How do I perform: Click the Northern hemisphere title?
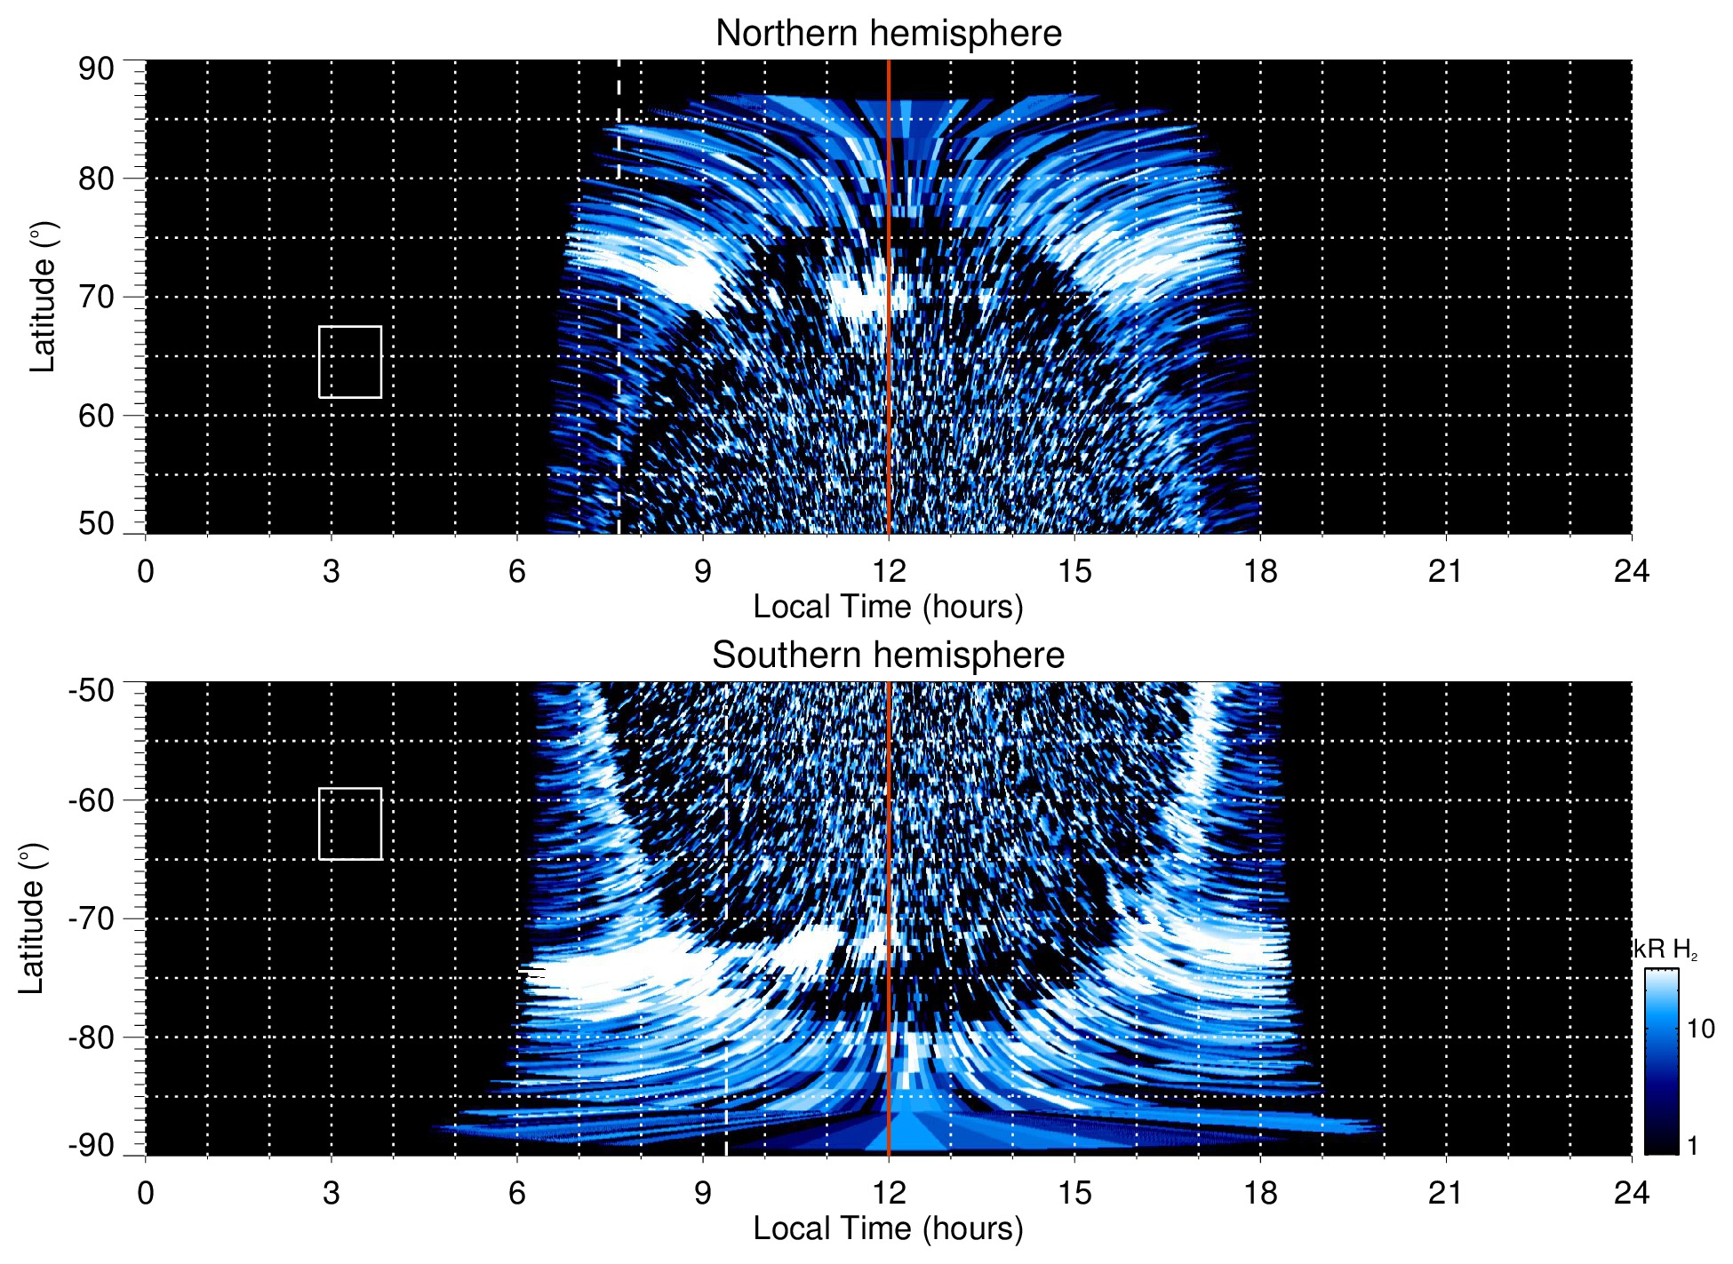pos(888,34)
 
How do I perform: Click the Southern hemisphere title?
pos(888,656)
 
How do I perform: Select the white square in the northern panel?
pos(350,362)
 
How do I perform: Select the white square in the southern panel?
pos(350,823)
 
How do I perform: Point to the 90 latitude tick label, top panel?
pos(96,69)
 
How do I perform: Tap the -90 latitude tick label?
pos(92,1145)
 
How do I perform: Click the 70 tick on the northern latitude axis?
pos(96,297)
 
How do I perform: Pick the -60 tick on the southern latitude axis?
pos(92,799)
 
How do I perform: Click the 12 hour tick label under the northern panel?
pos(888,571)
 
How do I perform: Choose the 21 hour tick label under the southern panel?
pos(1445,1193)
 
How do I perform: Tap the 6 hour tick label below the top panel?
pos(517,571)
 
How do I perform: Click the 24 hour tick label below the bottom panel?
pos(1631,1193)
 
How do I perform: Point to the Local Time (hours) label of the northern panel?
pos(888,607)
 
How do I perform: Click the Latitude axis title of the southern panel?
pos(31,918)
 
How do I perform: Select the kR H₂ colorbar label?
pos(1665,950)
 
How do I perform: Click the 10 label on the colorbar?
pos(1700,1029)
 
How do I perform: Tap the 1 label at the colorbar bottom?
pos(1692,1146)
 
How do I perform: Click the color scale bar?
pos(1661,1061)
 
